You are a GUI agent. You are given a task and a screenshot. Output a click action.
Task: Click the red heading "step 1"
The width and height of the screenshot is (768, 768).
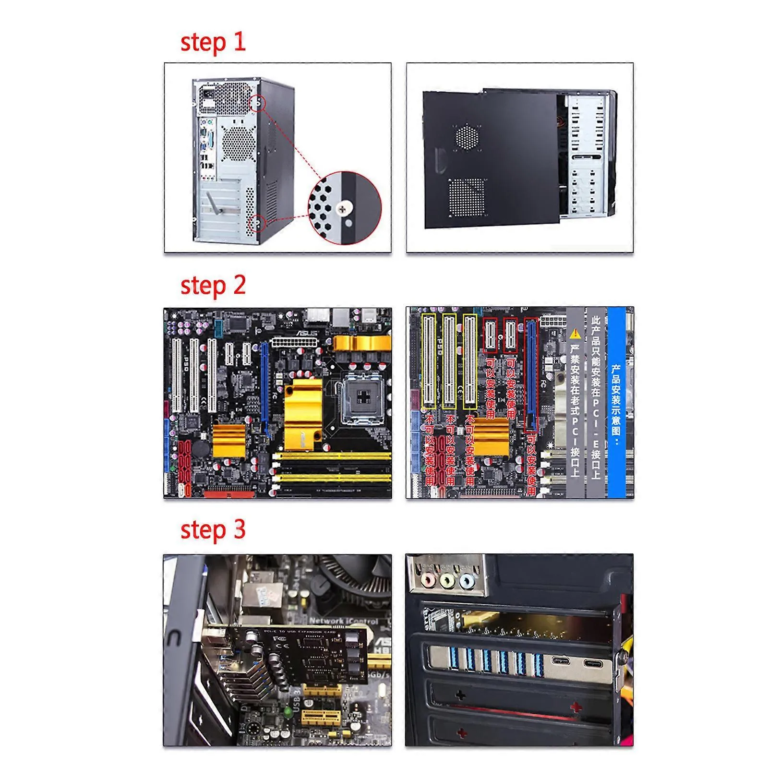tap(213, 42)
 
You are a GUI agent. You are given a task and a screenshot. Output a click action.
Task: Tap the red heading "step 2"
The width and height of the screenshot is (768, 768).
tap(213, 286)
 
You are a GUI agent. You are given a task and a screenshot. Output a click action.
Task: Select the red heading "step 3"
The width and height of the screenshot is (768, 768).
tap(213, 530)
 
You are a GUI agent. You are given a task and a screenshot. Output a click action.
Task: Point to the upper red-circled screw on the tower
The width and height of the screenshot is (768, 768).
tap(258, 103)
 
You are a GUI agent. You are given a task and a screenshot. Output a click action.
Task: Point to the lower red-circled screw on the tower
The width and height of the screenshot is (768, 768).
tap(258, 223)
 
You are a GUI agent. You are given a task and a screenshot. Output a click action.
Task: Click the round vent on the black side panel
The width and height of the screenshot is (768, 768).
tap(467, 136)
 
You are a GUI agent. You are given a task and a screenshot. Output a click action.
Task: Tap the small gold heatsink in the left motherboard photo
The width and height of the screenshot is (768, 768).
tap(229, 440)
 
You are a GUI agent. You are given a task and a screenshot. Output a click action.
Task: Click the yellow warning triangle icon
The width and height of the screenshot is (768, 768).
tap(576, 333)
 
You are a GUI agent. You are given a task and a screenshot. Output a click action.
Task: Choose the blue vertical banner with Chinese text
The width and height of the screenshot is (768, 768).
tap(616, 402)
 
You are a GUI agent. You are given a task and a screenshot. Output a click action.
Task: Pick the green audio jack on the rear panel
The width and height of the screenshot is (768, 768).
tap(447, 581)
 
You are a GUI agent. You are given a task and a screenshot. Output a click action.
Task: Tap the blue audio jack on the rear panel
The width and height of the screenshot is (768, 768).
tap(467, 581)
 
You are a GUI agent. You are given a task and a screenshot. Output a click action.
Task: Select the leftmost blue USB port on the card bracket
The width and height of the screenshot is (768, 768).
tap(454, 659)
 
